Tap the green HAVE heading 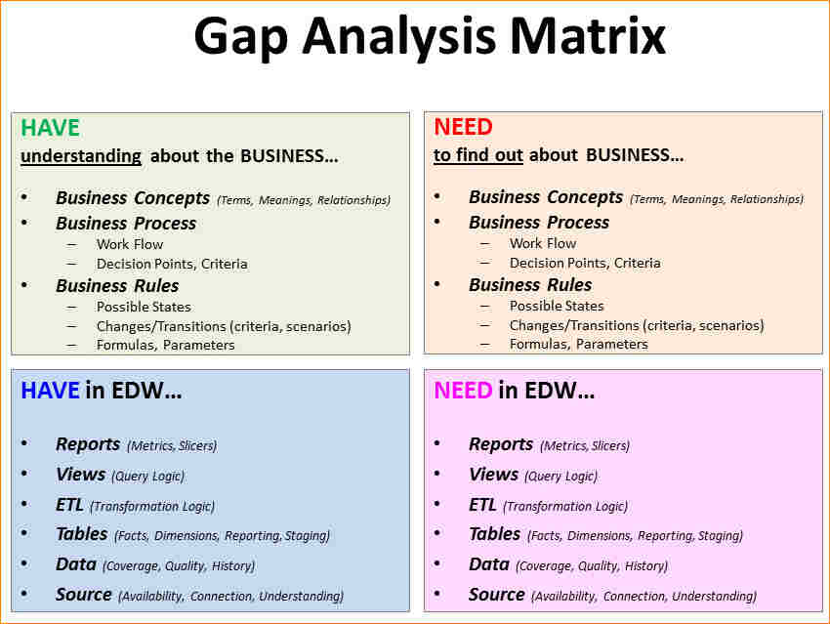50,128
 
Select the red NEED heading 463,127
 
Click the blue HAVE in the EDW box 50,392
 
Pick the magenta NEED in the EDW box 463,392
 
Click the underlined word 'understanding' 81,155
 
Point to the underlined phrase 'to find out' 478,155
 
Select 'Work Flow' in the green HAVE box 130,244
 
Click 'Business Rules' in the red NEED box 530,285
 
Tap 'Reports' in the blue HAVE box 88,444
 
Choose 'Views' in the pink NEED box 493,475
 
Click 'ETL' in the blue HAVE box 70,505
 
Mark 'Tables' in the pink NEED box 494,534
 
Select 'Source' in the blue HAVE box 84,595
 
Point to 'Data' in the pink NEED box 489,564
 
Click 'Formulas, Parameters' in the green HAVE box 165,344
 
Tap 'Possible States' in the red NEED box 557,306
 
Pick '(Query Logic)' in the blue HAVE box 147,477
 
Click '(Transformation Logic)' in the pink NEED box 565,507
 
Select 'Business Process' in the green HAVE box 126,224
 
